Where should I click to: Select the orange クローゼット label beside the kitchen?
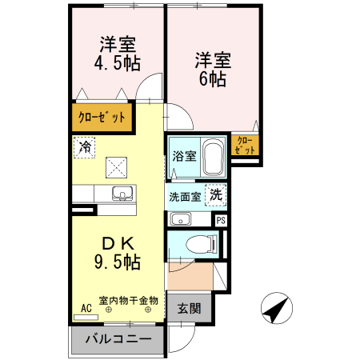pos(102,118)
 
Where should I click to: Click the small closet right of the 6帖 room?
pos(246,145)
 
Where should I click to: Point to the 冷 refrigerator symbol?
pos(84,146)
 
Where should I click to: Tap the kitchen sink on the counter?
pos(122,193)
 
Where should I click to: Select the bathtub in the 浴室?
pos(212,158)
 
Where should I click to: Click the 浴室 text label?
pos(184,157)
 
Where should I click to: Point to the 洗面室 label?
pos(185,196)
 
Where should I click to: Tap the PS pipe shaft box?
pos(221,219)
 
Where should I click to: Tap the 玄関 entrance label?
pos(189,308)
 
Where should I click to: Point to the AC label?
pos(86,306)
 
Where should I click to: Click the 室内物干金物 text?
pos(128,301)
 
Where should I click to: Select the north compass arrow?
pos(275,309)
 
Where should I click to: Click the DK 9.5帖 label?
pos(113,252)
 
